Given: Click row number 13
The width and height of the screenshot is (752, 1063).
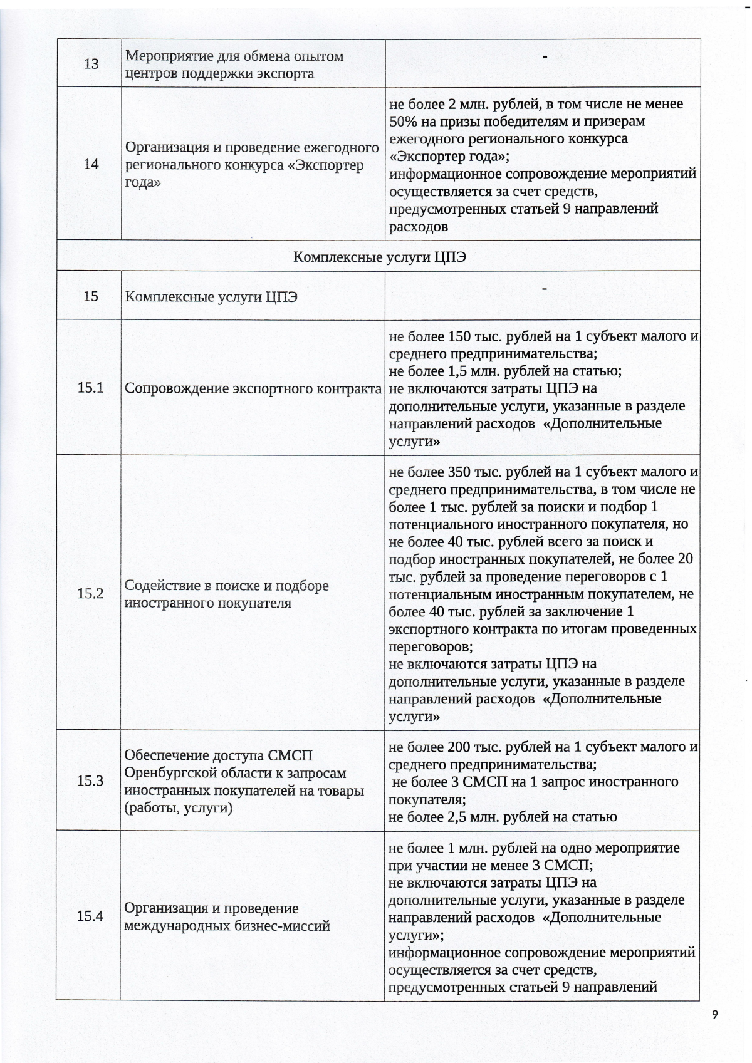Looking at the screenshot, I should point(91,64).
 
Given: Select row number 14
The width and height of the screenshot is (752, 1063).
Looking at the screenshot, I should point(91,164).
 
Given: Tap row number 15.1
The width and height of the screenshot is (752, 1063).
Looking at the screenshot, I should point(90,388).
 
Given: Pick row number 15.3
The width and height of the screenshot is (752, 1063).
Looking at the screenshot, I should point(90,781).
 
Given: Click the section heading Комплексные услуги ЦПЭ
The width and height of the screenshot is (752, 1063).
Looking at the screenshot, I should point(380,257).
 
